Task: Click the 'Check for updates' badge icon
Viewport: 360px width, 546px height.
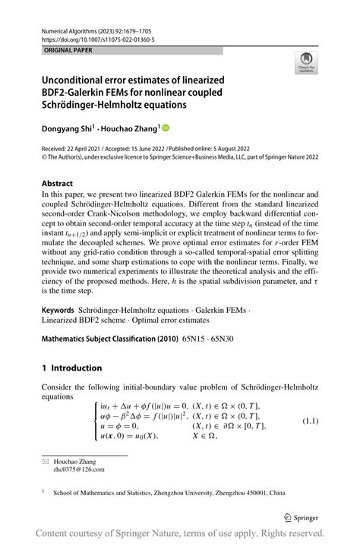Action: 307,63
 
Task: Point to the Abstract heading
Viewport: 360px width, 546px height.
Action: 57,184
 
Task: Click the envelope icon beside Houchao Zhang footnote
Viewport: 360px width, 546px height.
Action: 46,461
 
